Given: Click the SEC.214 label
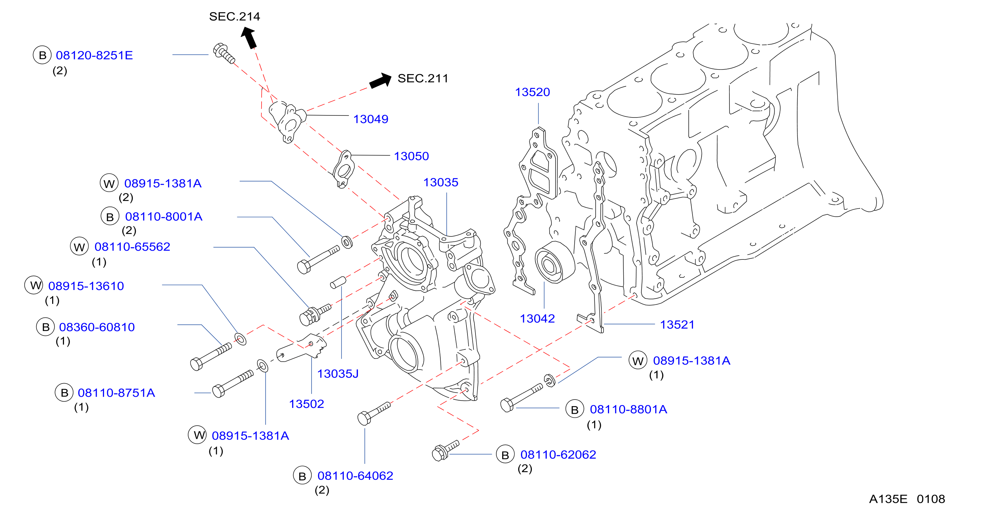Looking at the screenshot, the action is click(234, 16).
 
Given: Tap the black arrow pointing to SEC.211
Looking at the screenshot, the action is click(381, 80).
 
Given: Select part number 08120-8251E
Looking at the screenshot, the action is click(94, 55).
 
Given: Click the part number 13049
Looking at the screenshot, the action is click(370, 119).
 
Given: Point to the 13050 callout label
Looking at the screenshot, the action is click(411, 156).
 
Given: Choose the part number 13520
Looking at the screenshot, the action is click(532, 92).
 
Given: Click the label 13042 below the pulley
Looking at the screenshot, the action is click(537, 319).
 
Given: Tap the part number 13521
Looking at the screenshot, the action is click(677, 324).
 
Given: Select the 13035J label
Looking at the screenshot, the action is click(338, 374).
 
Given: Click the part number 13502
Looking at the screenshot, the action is click(306, 404).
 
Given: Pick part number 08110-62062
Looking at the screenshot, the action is click(558, 454).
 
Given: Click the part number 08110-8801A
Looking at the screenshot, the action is click(629, 409).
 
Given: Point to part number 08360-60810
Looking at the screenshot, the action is click(97, 327).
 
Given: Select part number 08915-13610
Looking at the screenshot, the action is click(86, 286).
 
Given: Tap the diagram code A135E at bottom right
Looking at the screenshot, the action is click(888, 499).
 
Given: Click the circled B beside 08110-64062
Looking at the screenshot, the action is click(302, 476).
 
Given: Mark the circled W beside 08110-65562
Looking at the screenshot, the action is click(79, 247).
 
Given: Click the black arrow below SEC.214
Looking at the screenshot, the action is click(248, 37).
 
